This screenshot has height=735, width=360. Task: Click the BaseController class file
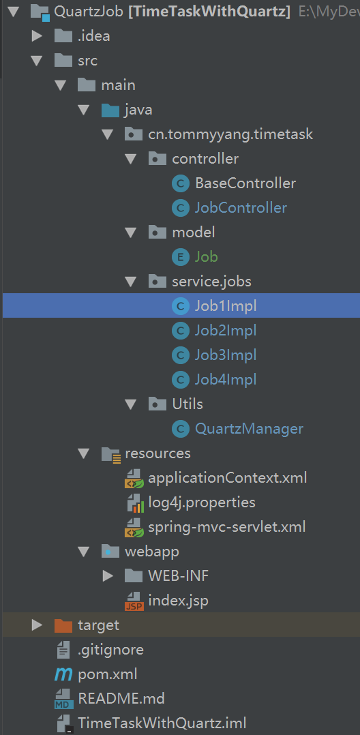(245, 183)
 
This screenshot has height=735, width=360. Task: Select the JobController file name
(241, 208)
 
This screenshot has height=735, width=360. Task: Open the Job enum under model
(206, 257)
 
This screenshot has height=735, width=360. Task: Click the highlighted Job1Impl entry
(226, 306)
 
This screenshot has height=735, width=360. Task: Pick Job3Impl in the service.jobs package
(226, 355)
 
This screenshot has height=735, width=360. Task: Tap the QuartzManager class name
(249, 428)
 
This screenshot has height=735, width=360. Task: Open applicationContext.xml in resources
(227, 478)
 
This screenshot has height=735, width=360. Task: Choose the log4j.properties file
(202, 502)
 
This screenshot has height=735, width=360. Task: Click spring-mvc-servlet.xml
(227, 527)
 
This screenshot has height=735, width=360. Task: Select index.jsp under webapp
(178, 601)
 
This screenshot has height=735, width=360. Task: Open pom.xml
(107, 674)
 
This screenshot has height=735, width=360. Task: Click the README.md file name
(121, 699)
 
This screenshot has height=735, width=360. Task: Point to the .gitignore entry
(110, 650)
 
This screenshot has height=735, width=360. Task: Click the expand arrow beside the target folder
(37, 625)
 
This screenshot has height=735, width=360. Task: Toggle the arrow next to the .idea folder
(37, 36)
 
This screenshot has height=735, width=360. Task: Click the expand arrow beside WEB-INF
(107, 576)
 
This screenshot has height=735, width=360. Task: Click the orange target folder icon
(63, 625)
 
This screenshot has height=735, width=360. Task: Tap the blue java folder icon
(110, 110)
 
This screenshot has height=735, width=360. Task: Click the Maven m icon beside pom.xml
(63, 674)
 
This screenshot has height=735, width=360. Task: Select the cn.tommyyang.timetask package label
(230, 134)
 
